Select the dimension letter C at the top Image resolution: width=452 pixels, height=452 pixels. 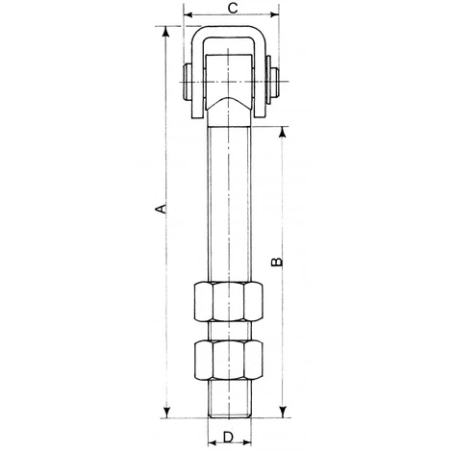pos(233,9)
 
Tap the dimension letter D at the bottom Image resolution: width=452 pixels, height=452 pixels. pos(228,438)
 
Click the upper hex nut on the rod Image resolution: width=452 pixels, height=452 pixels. pos(228,301)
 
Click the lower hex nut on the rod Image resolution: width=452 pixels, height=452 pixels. pos(228,360)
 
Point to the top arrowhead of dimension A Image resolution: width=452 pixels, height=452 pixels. pos(165,32)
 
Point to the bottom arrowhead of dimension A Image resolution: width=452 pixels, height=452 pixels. pos(166,413)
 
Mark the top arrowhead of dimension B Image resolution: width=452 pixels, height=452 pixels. pos(282,132)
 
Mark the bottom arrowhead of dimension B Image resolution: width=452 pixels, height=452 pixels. pos(283,413)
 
